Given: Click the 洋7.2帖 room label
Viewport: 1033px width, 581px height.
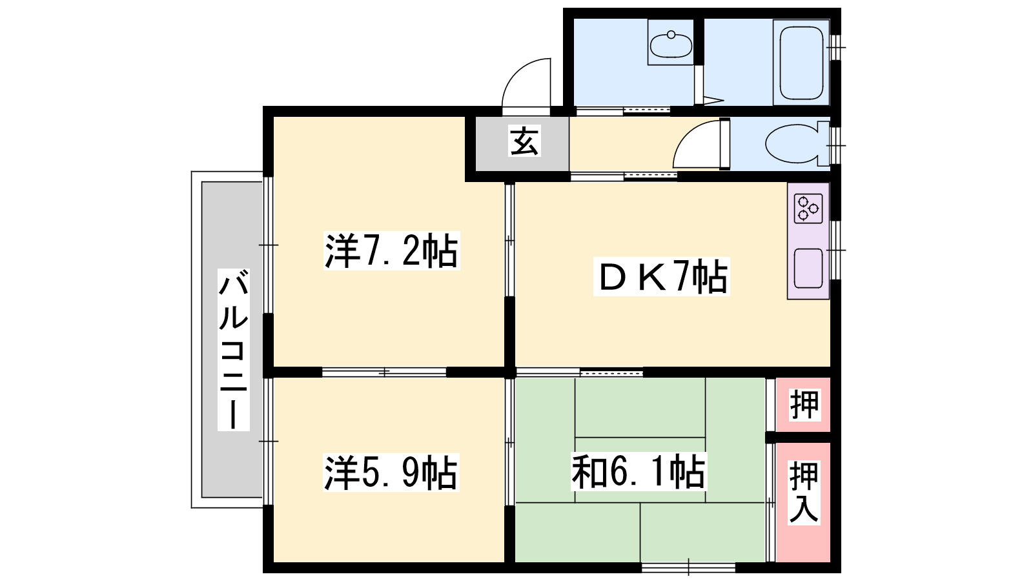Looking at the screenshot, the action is click(391, 251).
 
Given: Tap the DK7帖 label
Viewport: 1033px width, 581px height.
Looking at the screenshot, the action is click(661, 276).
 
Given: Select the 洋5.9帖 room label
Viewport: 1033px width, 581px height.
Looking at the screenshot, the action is click(391, 472).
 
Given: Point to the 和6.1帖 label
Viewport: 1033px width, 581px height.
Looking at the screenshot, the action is click(639, 471).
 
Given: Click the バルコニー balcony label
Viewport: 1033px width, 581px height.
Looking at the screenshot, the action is click(233, 350).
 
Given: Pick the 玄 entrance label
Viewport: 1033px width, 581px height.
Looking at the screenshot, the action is click(524, 141).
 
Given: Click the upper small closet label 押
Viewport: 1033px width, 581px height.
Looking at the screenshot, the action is click(804, 405).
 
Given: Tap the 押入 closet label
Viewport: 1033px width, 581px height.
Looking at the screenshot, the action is click(804, 493).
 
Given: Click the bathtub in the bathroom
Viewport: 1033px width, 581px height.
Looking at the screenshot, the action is click(801, 63).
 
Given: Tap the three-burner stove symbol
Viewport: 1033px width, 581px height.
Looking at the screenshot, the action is click(808, 209).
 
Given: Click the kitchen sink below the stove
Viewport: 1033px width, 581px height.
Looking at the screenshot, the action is click(808, 269).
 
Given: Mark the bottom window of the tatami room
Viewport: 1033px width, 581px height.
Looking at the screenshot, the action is click(688, 567).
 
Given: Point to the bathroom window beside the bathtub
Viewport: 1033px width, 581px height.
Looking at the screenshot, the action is click(835, 48).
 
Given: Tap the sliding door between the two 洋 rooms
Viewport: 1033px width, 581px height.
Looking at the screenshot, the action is click(384, 372).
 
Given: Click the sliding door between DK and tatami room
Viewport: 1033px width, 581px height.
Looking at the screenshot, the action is click(579, 372).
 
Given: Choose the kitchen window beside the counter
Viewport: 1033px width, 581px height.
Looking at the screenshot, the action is click(835, 250).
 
